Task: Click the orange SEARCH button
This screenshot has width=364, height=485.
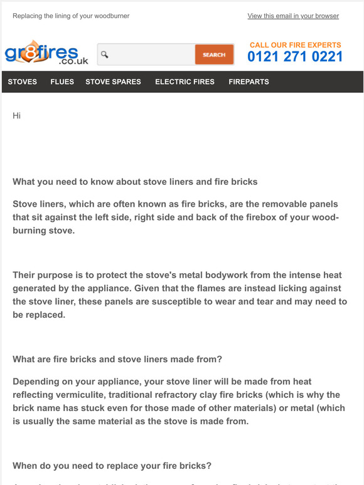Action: point(214,55)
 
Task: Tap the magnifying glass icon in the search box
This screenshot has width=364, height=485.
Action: point(105,55)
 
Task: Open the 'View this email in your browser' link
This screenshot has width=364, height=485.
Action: point(293,16)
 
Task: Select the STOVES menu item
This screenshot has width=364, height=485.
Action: point(23,81)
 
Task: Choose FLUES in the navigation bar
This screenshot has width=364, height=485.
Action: point(62,81)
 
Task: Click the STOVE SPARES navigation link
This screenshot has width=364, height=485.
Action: point(113,81)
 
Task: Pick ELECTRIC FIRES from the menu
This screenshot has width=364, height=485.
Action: point(185,81)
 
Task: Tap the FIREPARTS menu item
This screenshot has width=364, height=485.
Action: point(249,81)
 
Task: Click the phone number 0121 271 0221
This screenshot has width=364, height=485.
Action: point(295,57)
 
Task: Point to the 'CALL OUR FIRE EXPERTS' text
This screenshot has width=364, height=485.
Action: point(296,45)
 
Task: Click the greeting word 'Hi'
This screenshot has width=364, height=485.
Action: point(17,116)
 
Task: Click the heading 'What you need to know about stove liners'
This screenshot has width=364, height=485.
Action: point(135,182)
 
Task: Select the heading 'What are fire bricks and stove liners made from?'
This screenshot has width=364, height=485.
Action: point(117,359)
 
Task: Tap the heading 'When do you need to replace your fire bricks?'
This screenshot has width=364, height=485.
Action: point(112,466)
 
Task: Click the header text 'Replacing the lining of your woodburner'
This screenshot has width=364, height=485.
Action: point(71,16)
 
